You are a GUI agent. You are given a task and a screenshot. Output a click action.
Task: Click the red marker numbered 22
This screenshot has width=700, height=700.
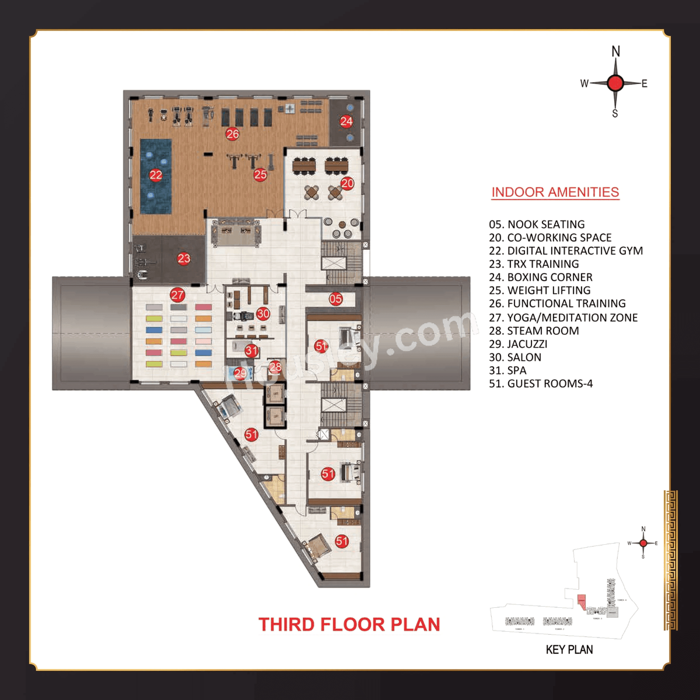click(x=156, y=175)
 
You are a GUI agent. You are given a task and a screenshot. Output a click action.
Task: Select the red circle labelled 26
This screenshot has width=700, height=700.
click(x=233, y=134)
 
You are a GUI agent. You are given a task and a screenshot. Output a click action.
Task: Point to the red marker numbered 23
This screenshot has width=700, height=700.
click(x=184, y=258)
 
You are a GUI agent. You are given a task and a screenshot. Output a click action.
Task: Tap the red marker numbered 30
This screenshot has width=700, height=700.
click(x=263, y=314)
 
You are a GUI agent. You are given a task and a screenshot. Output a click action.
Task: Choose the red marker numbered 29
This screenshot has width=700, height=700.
click(x=239, y=373)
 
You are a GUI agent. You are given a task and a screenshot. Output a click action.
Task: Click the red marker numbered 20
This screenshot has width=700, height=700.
click(x=347, y=184)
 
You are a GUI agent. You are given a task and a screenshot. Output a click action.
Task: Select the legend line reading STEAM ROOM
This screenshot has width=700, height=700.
click(x=534, y=331)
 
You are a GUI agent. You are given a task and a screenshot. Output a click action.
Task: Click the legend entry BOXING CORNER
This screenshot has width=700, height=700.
click(x=540, y=277)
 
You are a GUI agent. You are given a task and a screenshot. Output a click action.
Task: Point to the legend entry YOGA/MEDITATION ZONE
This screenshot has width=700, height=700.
click(x=563, y=318)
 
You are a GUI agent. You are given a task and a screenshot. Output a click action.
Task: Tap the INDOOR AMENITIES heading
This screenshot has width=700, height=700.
click(x=555, y=192)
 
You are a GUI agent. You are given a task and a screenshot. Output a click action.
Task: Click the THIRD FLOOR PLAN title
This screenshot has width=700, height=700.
click(x=349, y=624)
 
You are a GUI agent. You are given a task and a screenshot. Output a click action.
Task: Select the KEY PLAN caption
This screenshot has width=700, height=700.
click(x=569, y=650)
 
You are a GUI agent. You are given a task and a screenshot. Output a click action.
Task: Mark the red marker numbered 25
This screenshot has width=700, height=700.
click(x=260, y=175)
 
